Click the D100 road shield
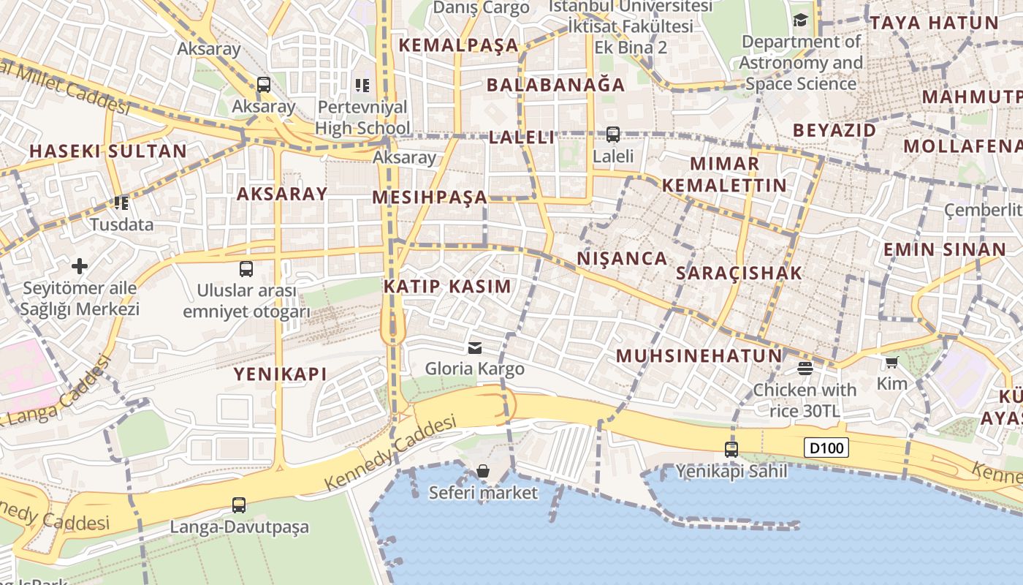coord(826,448)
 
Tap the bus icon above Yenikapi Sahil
coord(731,450)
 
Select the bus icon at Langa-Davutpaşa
coord(239,505)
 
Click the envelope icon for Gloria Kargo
coord(475,347)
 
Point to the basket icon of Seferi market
coord(482,471)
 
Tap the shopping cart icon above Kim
coord(891,362)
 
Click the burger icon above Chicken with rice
coord(805,368)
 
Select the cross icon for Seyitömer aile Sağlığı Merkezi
coord(80,266)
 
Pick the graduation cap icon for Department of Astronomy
coord(801,20)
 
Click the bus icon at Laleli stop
coord(612,135)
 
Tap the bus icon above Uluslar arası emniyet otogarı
coord(246,269)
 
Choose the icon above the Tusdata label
coord(121,203)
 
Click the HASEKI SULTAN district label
coord(108,151)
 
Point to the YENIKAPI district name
coord(280,374)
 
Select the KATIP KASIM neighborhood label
coord(447,286)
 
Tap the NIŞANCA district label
coord(622,258)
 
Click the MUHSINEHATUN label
coord(699,356)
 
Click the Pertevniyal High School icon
coord(362,86)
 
